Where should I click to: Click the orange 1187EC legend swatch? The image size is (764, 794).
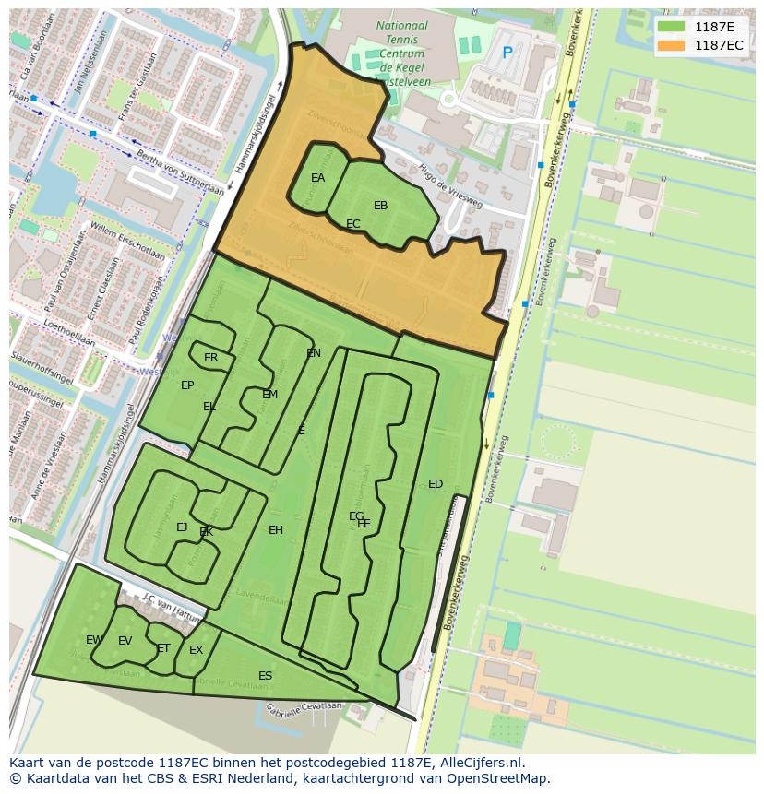coord(672,45)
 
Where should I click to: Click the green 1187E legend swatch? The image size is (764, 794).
coord(672,27)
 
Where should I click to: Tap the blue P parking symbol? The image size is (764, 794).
coord(507,53)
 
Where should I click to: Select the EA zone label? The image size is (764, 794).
coord(317,178)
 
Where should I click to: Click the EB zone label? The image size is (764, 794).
coord(380,206)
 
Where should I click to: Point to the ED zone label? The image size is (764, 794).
coord(436,484)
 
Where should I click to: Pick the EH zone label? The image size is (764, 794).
coord(276,530)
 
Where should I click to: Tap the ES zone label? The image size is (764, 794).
coord(265,676)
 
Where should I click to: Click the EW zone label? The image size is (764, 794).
coord(94,640)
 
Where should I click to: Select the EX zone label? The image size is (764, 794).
coord(196,650)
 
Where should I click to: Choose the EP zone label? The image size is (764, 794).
coord(187,385)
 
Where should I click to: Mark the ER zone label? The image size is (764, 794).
coord(211,358)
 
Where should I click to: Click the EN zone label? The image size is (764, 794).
coord(314,353)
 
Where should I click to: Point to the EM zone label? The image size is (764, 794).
coord(269,395)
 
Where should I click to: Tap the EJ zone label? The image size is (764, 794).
coord(182,527)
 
